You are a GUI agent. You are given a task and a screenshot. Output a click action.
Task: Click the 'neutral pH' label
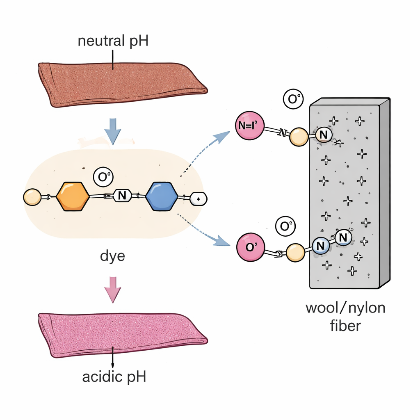coord(112,42)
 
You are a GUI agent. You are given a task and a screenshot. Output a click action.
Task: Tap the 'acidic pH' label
coord(114,377)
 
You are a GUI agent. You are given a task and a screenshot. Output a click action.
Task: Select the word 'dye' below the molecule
coord(112,257)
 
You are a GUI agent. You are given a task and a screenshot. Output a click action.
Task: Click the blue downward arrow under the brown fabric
coord(112,129)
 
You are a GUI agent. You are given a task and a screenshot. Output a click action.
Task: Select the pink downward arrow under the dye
coord(112,289)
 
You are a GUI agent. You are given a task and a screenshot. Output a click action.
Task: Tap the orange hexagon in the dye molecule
coord(73,197)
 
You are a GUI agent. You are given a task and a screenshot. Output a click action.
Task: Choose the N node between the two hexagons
coord(121,196)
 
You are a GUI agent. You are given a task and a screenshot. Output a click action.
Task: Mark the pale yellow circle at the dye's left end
coord(32,197)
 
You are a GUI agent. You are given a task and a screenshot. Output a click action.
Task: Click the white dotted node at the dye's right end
coord(199,199)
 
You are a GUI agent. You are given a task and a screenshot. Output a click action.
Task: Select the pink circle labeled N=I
coord(249,125)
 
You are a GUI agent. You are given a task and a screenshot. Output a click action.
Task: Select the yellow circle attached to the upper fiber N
coord(299,137)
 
